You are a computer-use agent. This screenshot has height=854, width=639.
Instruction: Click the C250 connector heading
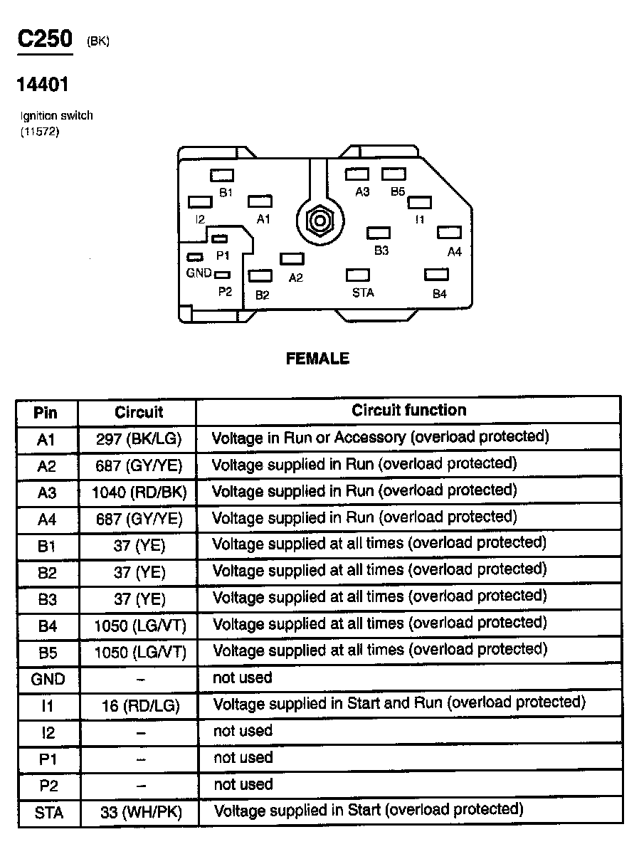point(46,39)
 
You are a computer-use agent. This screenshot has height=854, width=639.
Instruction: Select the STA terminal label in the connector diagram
point(363,292)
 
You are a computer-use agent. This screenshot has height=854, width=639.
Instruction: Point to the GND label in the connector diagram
point(199,273)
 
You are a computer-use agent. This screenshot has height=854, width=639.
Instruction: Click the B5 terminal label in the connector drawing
point(397,192)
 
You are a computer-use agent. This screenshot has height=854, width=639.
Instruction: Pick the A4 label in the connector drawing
point(455,252)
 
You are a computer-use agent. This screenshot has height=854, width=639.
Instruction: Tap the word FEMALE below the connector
point(317,359)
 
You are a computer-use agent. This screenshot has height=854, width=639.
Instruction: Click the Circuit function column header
point(409,411)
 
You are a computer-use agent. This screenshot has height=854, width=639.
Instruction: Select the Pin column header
point(46,413)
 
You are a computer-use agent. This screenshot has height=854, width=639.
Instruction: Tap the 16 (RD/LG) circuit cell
point(139,705)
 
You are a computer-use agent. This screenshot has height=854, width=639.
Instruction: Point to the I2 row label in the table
point(47,732)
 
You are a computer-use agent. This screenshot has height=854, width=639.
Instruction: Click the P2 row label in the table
point(47,786)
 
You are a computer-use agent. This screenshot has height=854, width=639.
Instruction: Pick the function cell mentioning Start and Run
point(399,703)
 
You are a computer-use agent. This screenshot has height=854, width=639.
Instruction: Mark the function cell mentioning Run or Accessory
point(381,437)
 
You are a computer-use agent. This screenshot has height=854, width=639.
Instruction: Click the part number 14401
point(43,85)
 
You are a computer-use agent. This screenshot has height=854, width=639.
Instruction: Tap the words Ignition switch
point(56,115)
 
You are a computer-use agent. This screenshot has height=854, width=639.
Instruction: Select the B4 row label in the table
point(47,626)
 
